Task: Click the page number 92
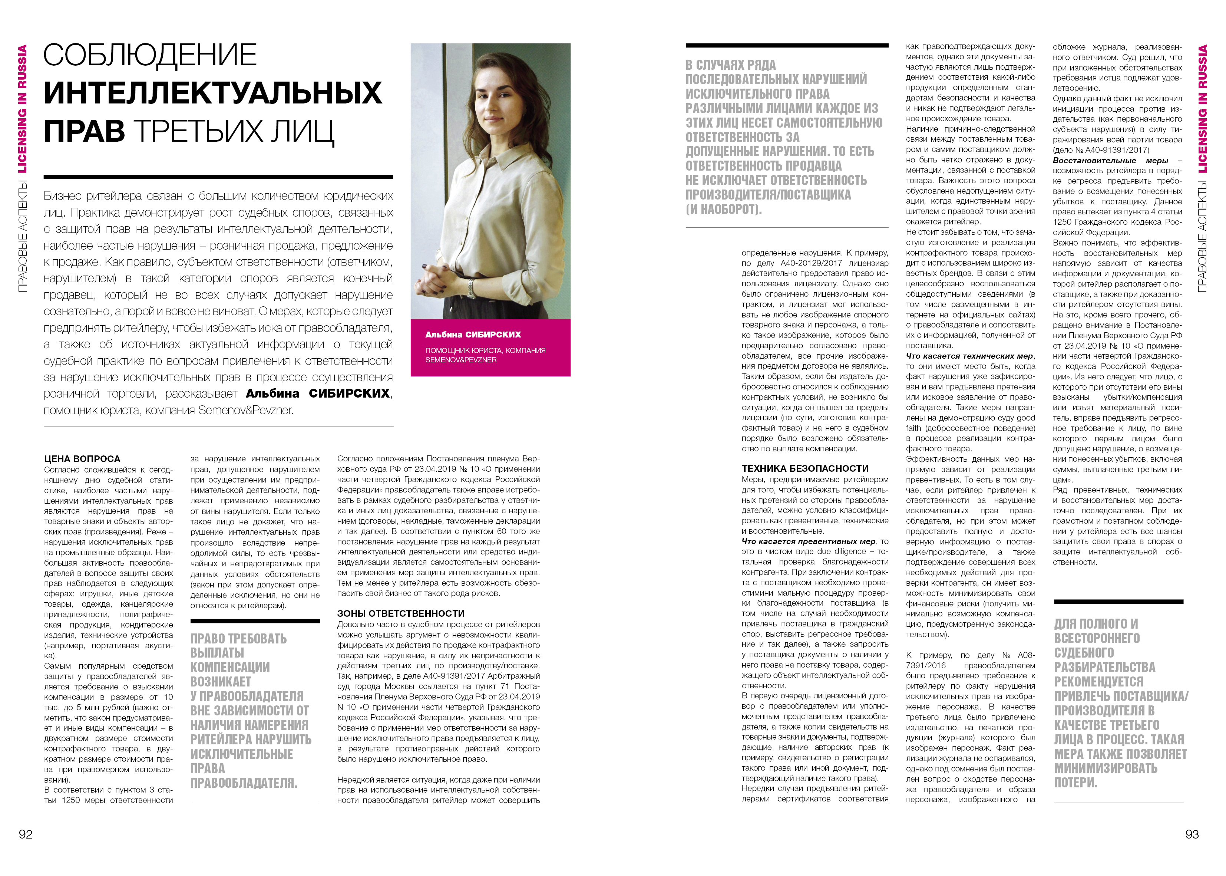pyautogui.click(x=25, y=834)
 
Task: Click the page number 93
pyautogui.click(x=1192, y=834)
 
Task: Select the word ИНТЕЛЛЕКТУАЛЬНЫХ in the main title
pyautogui.click(x=212, y=93)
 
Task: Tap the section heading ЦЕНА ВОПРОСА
pyautogui.click(x=82, y=459)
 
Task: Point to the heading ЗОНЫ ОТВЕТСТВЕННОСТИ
pyautogui.click(x=401, y=613)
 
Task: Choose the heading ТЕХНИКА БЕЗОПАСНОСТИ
pyautogui.click(x=805, y=468)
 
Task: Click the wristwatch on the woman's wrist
pyautogui.click(x=471, y=288)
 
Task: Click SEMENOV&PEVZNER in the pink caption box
pyautogui.click(x=460, y=360)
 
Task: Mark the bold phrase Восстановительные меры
pyautogui.click(x=1110, y=161)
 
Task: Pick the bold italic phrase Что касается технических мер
pyautogui.click(x=969, y=356)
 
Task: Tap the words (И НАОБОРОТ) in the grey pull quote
pyautogui.click(x=724, y=209)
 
